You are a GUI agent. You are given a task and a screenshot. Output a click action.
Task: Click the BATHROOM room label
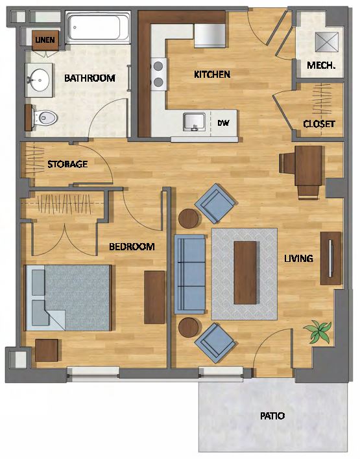[90, 78]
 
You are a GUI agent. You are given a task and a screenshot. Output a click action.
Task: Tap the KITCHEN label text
[212, 75]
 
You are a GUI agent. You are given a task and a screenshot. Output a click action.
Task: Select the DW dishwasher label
[223, 123]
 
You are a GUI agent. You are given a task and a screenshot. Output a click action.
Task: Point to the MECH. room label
[321, 65]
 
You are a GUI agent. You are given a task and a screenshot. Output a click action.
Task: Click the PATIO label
[272, 416]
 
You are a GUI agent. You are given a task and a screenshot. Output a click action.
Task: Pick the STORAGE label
[67, 164]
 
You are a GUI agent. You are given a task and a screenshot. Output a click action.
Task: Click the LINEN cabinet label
[45, 40]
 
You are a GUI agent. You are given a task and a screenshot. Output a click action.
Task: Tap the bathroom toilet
[43, 118]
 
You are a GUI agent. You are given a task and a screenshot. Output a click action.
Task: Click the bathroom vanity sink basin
[39, 80]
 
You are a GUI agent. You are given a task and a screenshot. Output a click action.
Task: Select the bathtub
[97, 28]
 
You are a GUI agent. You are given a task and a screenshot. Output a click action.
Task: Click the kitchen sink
[194, 122]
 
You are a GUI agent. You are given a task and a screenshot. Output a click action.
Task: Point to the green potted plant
[318, 331]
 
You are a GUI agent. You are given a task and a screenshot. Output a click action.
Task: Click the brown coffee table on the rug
[245, 273]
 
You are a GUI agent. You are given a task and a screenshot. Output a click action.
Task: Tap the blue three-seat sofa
[190, 274]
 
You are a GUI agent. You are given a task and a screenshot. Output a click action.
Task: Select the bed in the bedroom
[69, 298]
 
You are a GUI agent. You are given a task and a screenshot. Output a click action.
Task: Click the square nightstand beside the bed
[47, 350]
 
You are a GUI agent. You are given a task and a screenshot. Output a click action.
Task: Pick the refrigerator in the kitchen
[210, 36]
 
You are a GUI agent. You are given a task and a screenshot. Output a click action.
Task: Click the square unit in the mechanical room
[327, 42]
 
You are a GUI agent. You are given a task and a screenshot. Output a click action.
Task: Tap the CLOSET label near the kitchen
[319, 124]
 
